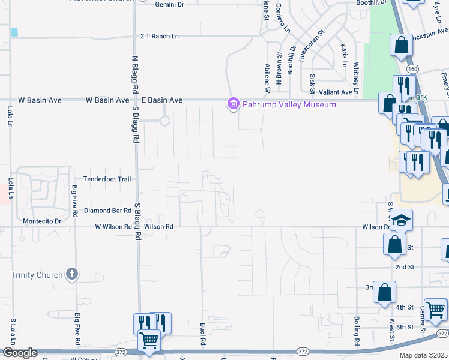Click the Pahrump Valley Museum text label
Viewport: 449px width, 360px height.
pos(289,104)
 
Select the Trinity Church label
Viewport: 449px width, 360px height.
pos(37,275)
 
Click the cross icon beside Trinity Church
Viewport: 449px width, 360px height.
pos(72,275)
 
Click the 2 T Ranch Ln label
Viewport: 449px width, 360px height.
pos(160,37)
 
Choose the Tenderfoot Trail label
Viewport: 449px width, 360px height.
pos(107,179)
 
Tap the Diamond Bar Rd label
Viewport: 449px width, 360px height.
pos(107,211)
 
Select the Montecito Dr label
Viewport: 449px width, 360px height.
pos(41,221)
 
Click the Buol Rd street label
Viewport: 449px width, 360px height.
pos(203,334)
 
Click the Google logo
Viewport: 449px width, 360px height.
pos(20,353)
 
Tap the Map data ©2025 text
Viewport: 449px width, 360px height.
pos(424,355)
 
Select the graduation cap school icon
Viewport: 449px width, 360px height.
pos(402,220)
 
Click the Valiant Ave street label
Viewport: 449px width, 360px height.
pos(335,92)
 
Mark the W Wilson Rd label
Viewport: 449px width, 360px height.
pos(113,227)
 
